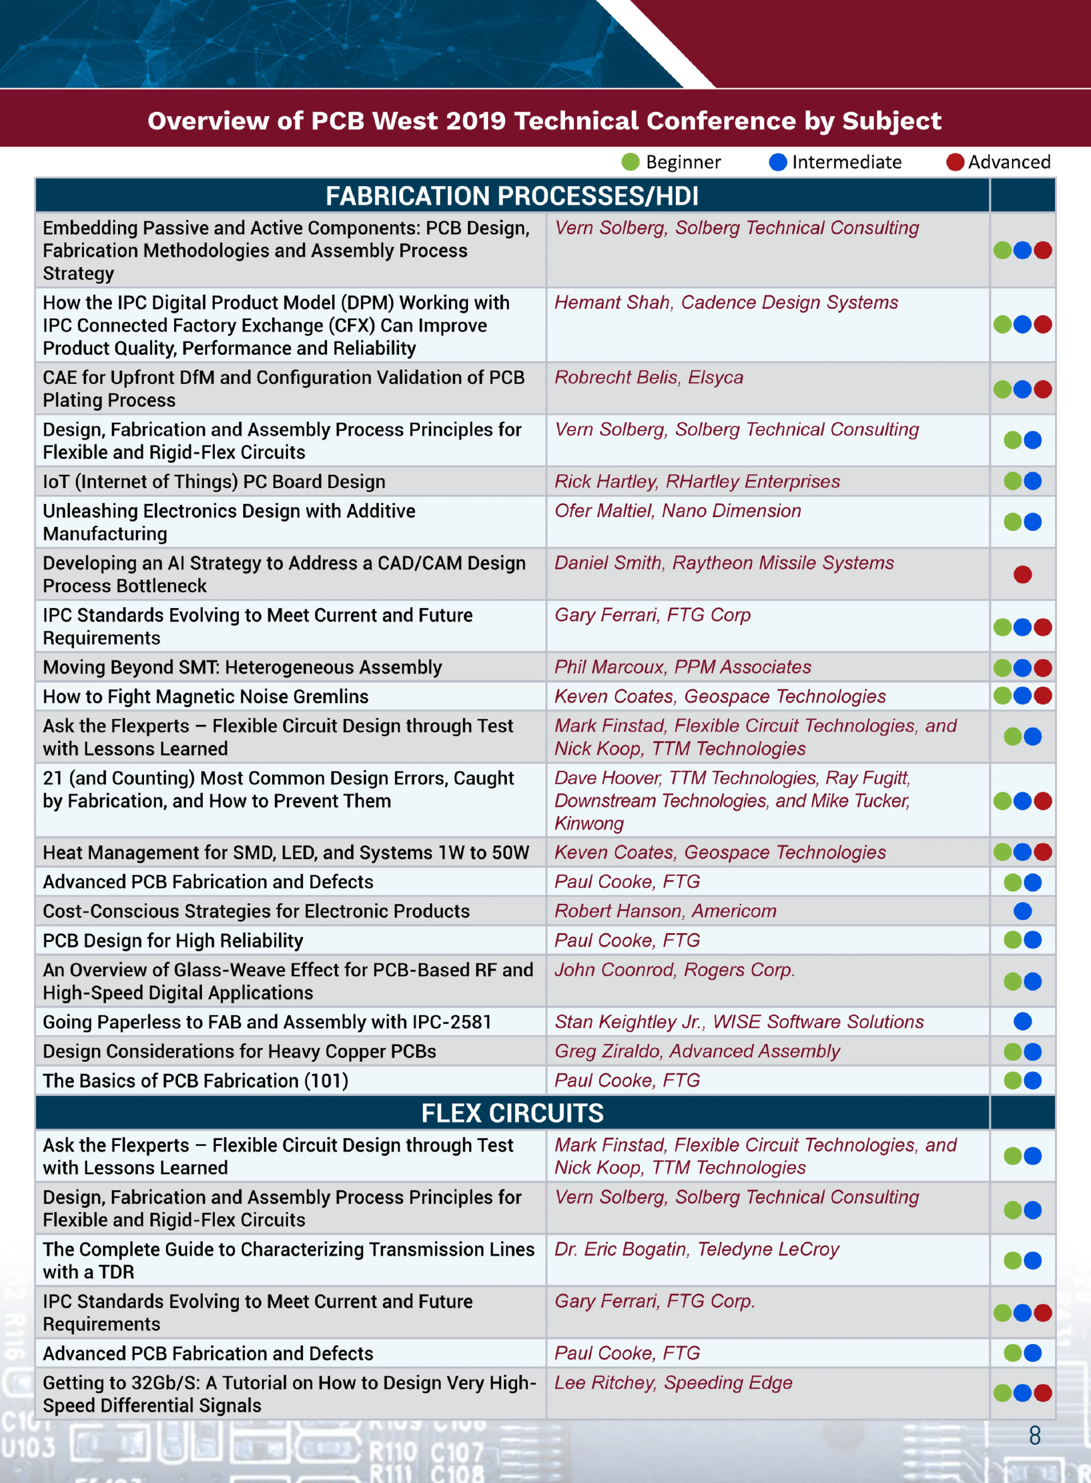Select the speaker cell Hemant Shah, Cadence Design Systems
pyautogui.click(x=726, y=302)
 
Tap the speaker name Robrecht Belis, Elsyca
pyautogui.click(x=649, y=377)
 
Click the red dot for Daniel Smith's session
pyautogui.click(x=1022, y=574)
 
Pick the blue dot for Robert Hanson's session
pyautogui.click(x=1022, y=911)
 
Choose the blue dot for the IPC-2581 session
pyautogui.click(x=1022, y=1022)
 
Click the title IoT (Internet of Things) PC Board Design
pyautogui.click(x=214, y=481)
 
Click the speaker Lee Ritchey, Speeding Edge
pyautogui.click(x=673, y=1383)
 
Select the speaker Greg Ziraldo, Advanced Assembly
pyautogui.click(x=697, y=1051)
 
